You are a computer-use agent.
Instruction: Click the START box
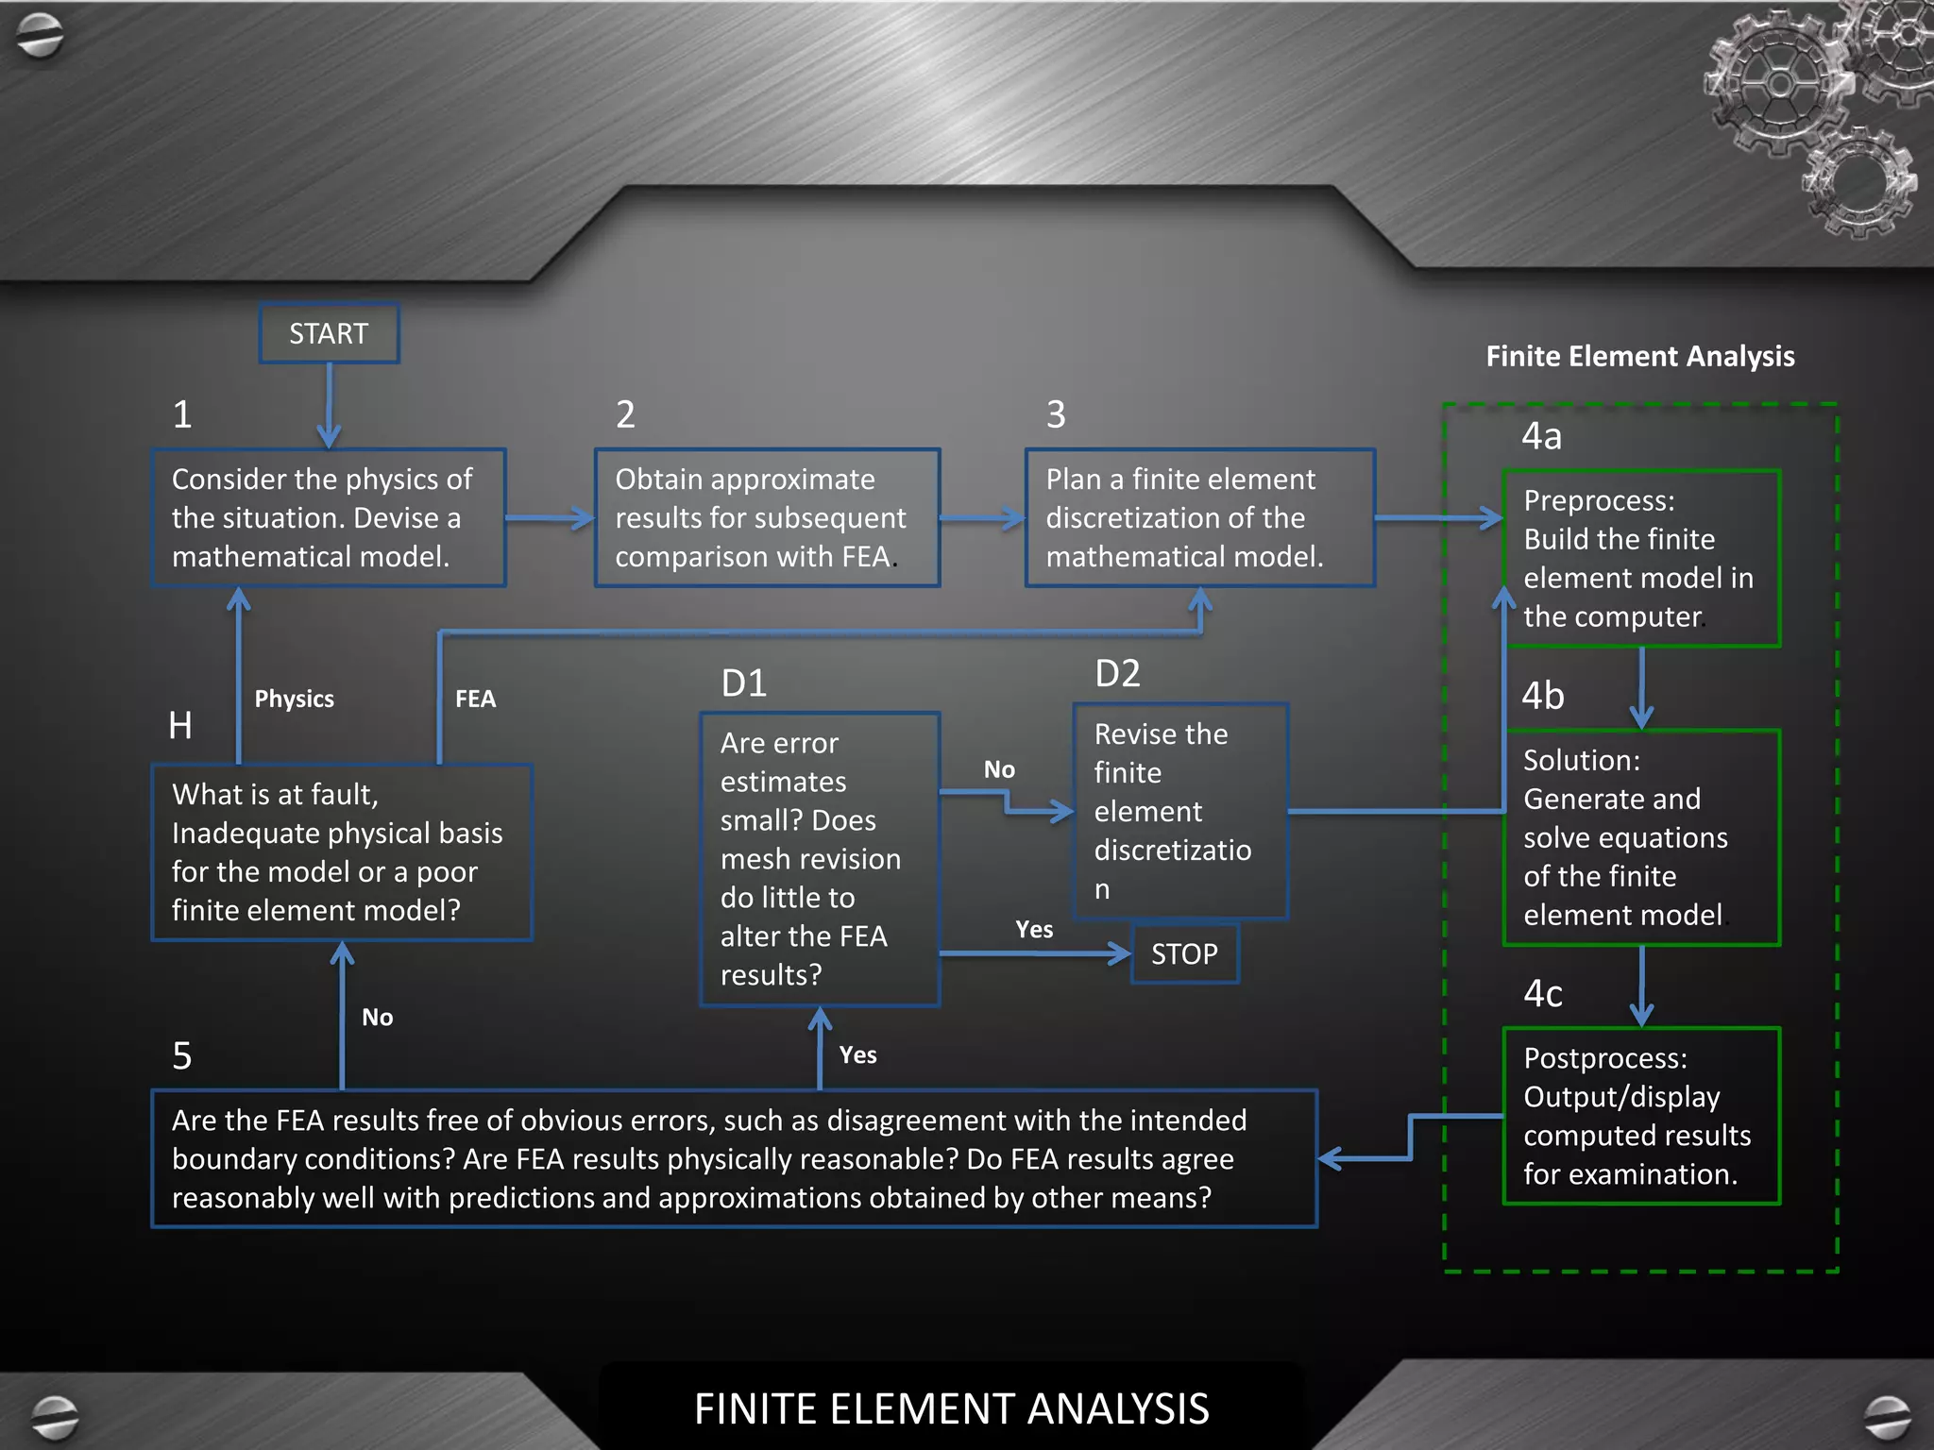click(329, 333)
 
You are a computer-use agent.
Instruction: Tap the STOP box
click(1184, 954)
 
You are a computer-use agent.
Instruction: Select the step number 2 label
click(625, 414)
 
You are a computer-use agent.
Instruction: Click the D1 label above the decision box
click(743, 683)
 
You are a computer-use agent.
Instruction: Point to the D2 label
click(1117, 673)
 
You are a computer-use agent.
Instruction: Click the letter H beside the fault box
click(180, 725)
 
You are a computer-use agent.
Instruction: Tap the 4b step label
click(1543, 696)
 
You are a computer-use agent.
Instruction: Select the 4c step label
click(1543, 993)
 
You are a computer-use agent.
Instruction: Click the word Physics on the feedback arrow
click(294, 699)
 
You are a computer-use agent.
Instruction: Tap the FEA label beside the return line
click(475, 699)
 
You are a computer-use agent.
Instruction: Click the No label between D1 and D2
click(999, 769)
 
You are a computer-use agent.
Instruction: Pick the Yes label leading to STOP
click(1034, 930)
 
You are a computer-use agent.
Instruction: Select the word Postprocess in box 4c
click(1604, 1058)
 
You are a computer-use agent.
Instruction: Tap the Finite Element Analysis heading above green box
click(1640, 356)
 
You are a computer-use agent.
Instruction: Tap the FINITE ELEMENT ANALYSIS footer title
click(951, 1408)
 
